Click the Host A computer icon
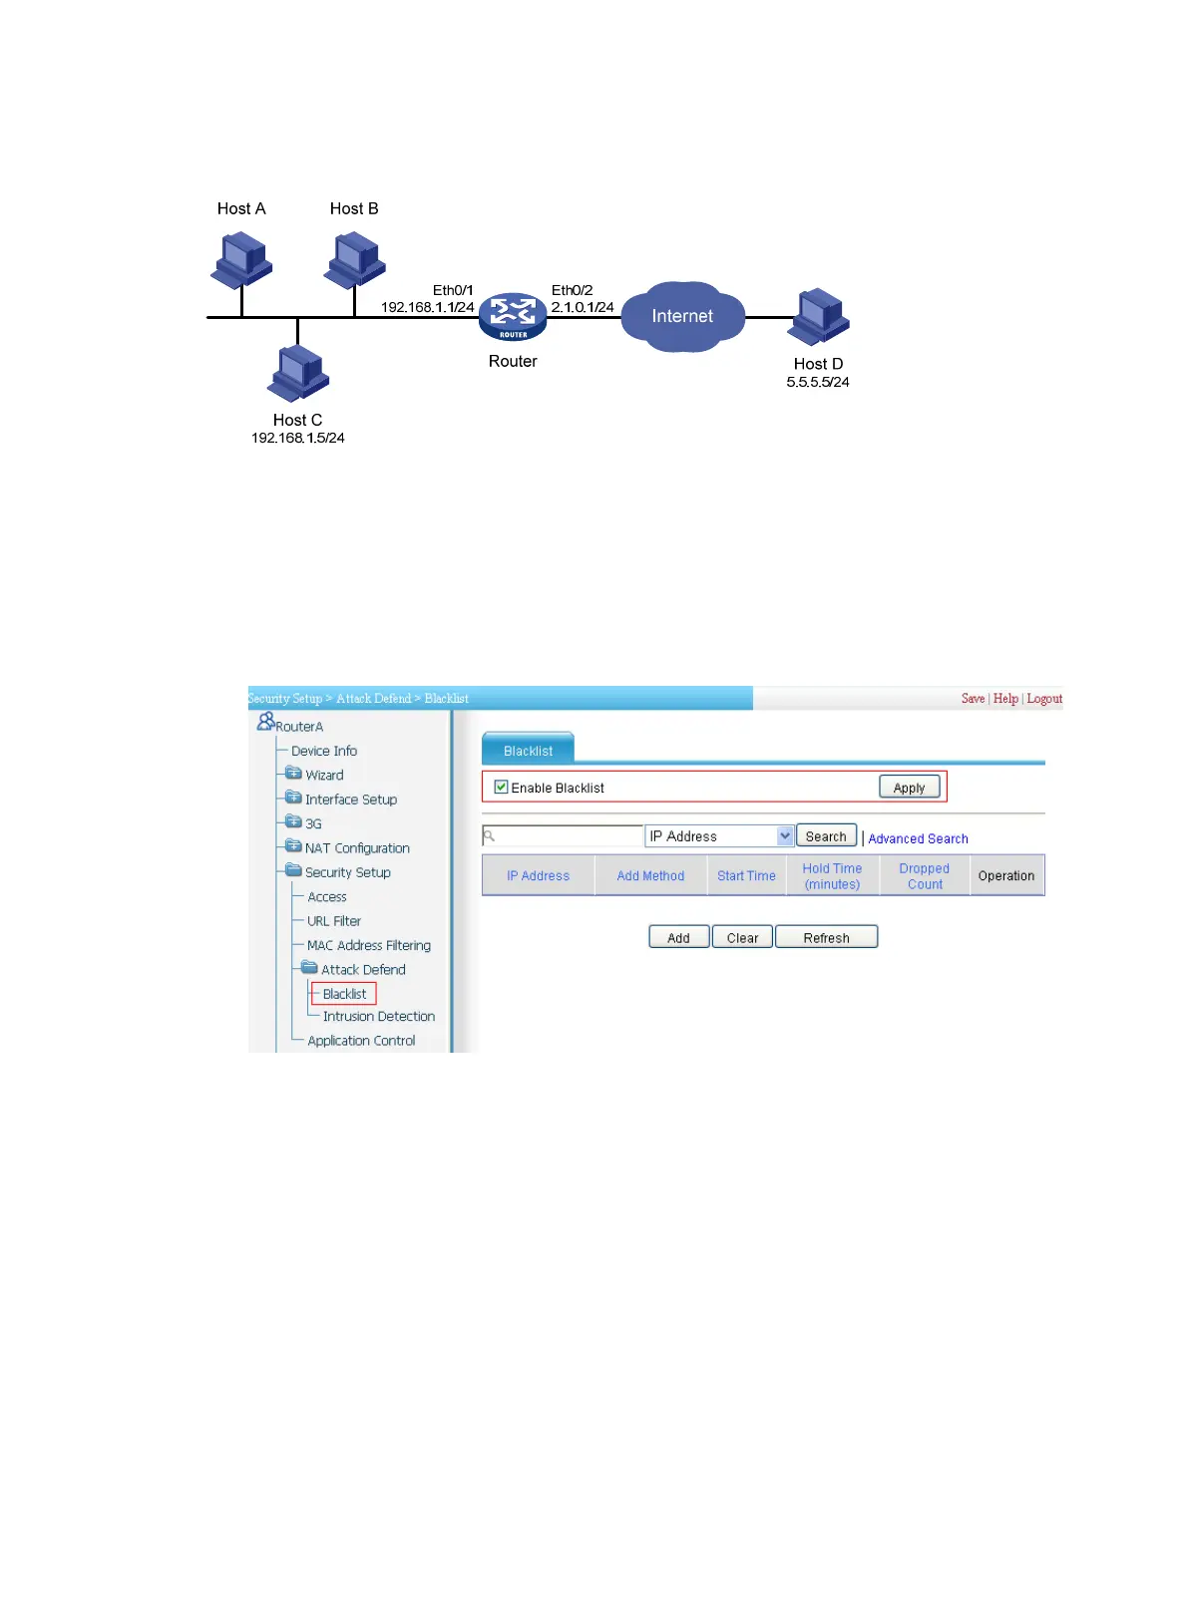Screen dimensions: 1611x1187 [x=241, y=258]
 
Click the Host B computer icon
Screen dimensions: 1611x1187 [x=355, y=258]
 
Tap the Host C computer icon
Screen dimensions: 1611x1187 [x=298, y=372]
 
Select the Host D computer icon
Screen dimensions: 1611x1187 [x=819, y=315]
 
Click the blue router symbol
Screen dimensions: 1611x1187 [x=513, y=316]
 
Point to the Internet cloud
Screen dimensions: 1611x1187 [x=683, y=316]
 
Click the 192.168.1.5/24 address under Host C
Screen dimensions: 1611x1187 [x=297, y=438]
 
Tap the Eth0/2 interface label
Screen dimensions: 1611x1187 [x=572, y=290]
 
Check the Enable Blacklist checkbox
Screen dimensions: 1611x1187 [x=502, y=787]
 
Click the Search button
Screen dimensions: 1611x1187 [x=826, y=836]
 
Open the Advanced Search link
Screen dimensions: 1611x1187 [x=918, y=838]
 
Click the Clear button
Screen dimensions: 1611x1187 [x=742, y=937]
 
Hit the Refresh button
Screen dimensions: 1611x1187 [x=826, y=937]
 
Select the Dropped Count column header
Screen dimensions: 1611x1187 [x=925, y=876]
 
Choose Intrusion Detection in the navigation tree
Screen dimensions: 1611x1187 [x=378, y=1016]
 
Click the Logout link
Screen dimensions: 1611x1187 [x=1044, y=699]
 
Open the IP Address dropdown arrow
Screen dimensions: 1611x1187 [x=785, y=836]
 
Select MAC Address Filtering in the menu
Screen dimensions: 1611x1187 [x=368, y=945]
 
